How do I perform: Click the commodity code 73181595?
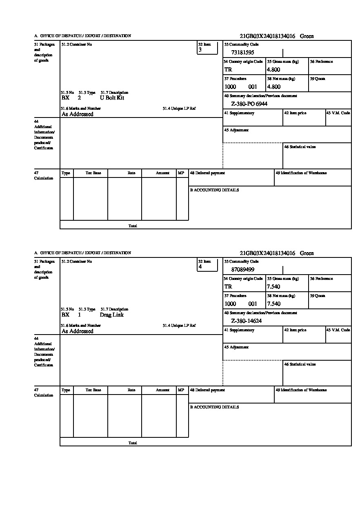coord(243,53)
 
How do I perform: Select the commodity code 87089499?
coord(243,270)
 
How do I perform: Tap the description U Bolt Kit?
coord(112,98)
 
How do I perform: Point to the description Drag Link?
coord(111,315)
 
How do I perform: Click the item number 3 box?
coord(207,48)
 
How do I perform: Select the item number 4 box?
coord(207,265)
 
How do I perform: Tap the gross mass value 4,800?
coord(273,70)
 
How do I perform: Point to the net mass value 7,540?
coord(273,304)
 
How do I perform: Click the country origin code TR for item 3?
coord(228,70)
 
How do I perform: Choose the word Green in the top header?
coord(307,36)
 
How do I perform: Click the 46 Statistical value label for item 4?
coord(300,364)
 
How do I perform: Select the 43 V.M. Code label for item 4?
coord(338,330)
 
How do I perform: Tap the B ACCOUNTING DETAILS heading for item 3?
coord(214,190)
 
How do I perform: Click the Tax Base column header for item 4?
coord(93,390)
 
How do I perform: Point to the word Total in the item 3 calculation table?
coord(133,226)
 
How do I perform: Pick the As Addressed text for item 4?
coord(78,331)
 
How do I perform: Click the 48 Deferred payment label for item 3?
coord(207,173)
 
